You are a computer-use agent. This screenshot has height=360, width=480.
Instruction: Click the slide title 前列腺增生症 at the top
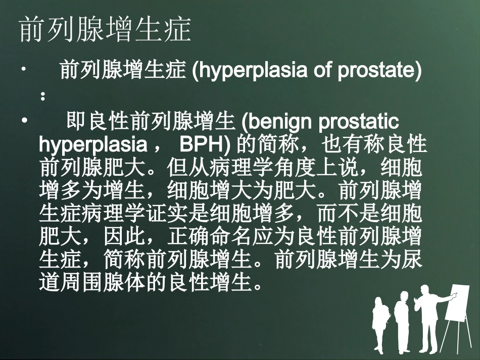pyautogui.click(x=106, y=30)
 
